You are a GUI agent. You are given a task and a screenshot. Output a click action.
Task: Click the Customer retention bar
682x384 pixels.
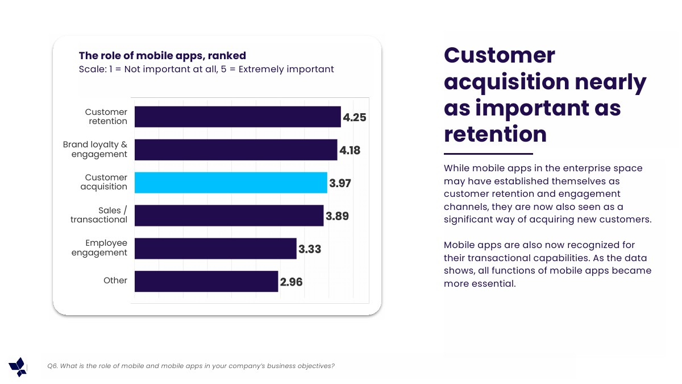(238, 117)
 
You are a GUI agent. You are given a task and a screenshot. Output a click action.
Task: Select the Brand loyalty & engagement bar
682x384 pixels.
(236, 150)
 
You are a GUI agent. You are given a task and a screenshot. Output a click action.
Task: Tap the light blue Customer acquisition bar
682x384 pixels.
(231, 183)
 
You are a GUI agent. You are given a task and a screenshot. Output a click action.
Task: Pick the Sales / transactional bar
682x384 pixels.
(229, 216)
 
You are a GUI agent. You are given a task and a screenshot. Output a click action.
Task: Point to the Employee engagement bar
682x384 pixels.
(215, 249)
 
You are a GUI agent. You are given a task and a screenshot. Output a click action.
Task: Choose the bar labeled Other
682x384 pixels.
(206, 281)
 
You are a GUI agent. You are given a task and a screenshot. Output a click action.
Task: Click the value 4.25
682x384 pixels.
(354, 118)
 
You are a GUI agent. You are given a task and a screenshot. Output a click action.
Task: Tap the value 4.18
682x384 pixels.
(350, 151)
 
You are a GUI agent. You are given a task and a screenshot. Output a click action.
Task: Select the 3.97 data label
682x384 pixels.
(340, 184)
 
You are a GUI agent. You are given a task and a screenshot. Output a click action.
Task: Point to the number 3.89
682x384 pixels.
(337, 216)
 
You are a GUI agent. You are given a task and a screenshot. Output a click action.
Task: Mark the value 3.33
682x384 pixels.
(310, 249)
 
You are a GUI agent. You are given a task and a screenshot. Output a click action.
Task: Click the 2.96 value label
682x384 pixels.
(291, 282)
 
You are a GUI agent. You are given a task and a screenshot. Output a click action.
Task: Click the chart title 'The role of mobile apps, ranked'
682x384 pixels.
(162, 56)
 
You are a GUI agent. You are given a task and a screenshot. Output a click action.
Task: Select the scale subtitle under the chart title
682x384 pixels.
(206, 69)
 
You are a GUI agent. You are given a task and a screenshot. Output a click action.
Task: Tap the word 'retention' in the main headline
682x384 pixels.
(495, 134)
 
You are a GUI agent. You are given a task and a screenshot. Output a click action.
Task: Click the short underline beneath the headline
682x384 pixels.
(488, 154)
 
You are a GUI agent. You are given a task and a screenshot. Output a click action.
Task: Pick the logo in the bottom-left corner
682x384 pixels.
(18, 367)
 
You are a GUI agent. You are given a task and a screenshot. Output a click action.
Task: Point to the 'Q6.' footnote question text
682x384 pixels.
(191, 366)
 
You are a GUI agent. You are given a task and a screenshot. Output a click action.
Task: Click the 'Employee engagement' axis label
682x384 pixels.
(99, 248)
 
